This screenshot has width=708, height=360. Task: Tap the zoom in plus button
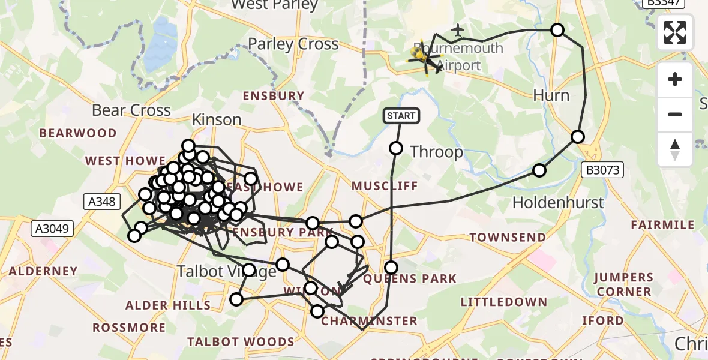click(675, 79)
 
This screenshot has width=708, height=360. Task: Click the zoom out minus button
click(675, 114)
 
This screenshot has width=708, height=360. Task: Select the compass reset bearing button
click(675, 149)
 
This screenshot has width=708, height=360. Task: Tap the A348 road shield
click(100, 202)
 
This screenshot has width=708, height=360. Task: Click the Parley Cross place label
click(293, 44)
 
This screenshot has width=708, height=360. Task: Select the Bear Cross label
click(131, 110)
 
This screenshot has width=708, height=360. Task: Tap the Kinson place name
click(217, 120)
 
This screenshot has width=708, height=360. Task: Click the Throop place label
click(436, 152)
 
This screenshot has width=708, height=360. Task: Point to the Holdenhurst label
click(558, 203)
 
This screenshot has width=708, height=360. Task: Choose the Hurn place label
click(551, 96)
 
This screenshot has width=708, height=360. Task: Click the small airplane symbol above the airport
click(458, 29)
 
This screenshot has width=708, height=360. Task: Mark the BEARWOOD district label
click(78, 133)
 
